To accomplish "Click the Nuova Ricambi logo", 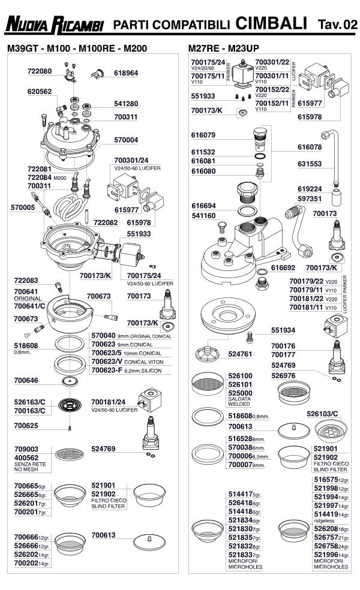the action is coord(54,25).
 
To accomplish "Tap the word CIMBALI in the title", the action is coord(271,23).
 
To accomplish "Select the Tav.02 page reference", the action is coord(337,25).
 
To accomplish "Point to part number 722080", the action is coord(40,71).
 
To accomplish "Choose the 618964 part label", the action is coord(126,73).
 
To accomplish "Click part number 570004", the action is coord(126,140).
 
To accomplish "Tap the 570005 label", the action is coord(23,207).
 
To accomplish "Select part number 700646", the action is coord(26,380).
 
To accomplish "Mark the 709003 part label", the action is coord(26,449).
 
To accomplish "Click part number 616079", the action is coord(203,135).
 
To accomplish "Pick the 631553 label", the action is coord(310,164).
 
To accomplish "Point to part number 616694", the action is coord(204,206).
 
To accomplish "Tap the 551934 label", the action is coord(283,330).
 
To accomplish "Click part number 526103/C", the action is coord(322,414).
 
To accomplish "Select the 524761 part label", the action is coord(240,354).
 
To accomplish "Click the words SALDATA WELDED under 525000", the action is coord(239,401).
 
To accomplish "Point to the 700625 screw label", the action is coord(26,426).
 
